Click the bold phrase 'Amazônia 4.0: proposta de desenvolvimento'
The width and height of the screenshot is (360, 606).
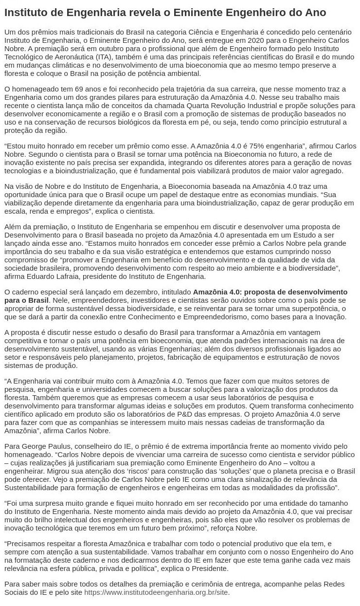pyautogui.click(x=270, y=292)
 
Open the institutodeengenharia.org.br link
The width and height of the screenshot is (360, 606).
pyautogui.click(x=156, y=593)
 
